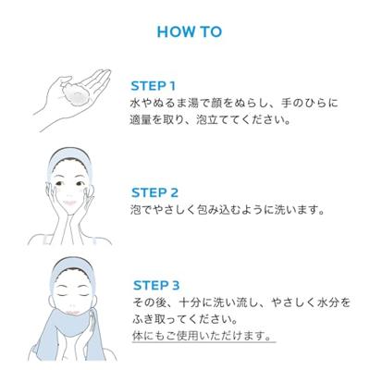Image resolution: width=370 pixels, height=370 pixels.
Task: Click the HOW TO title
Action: (x=190, y=31)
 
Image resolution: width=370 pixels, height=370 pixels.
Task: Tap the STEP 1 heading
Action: (x=154, y=86)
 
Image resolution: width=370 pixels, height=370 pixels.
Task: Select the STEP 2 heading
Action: (x=154, y=193)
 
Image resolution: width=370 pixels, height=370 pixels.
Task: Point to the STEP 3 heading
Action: (x=156, y=285)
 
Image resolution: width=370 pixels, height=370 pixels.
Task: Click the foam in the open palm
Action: (x=76, y=92)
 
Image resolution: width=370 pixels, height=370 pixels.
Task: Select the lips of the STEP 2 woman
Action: (x=69, y=203)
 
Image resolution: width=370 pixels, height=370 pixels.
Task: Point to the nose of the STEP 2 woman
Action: (x=69, y=192)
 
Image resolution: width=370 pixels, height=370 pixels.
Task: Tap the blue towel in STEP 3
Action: (x=67, y=333)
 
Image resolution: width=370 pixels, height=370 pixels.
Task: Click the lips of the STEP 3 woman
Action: (x=73, y=313)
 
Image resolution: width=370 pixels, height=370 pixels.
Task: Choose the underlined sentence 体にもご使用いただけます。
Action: (x=203, y=336)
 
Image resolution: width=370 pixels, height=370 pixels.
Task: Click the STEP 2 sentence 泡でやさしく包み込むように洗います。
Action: (x=228, y=210)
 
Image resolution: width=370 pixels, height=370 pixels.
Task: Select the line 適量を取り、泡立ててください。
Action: (x=210, y=119)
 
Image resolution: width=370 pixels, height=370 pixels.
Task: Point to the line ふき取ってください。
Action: (x=186, y=319)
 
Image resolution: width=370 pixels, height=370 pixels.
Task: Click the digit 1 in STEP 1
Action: (x=172, y=86)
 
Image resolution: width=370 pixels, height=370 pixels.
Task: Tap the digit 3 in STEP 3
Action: (x=175, y=285)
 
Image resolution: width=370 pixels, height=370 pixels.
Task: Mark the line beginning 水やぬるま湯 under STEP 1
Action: (x=234, y=103)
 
